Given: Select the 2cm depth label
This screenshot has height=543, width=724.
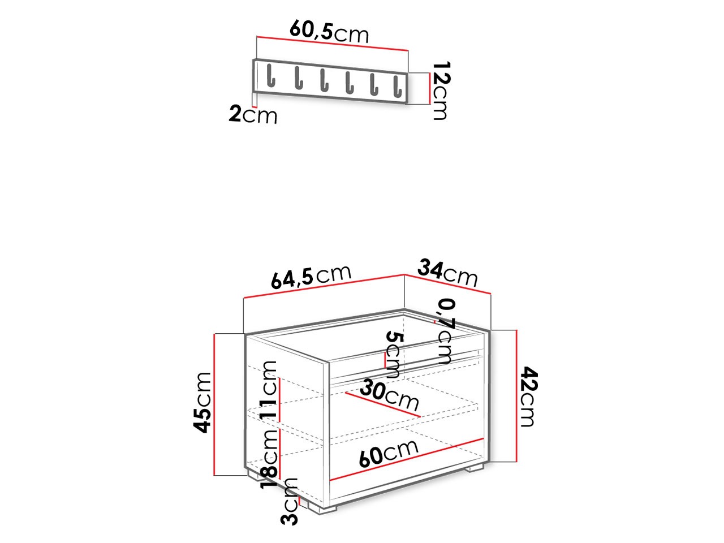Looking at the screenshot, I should (253, 115).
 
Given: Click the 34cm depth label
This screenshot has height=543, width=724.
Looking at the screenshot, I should (448, 273).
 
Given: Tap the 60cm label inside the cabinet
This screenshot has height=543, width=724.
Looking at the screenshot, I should (389, 453).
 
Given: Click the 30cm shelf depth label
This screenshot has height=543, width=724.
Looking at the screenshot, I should (390, 396).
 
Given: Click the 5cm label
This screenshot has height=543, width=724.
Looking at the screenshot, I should (393, 355).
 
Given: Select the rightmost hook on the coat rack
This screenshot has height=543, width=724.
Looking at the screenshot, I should (399, 86).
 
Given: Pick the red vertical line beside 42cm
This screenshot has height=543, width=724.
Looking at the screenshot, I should (516, 396).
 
